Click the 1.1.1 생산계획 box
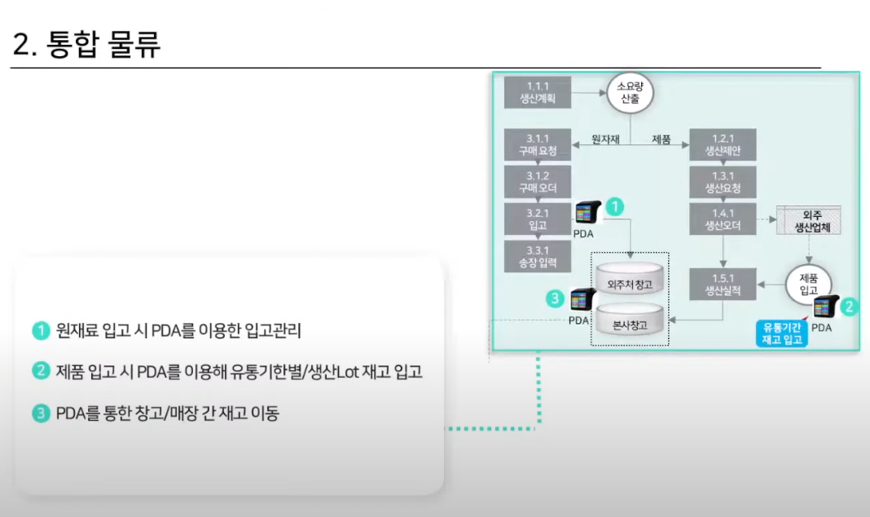click(x=537, y=92)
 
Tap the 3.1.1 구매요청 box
click(x=537, y=144)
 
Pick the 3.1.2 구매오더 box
click(x=537, y=182)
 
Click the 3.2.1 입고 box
click(x=537, y=219)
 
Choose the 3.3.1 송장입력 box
click(x=537, y=255)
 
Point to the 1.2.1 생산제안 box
click(x=723, y=144)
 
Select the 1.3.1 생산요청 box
click(x=723, y=182)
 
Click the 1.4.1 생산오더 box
click(x=723, y=219)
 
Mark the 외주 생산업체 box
click(x=807, y=220)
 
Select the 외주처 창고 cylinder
click(x=631, y=283)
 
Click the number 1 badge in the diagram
click(x=616, y=207)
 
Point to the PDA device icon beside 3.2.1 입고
click(x=587, y=214)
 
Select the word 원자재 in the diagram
click(x=606, y=139)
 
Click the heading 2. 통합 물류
click(x=87, y=44)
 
